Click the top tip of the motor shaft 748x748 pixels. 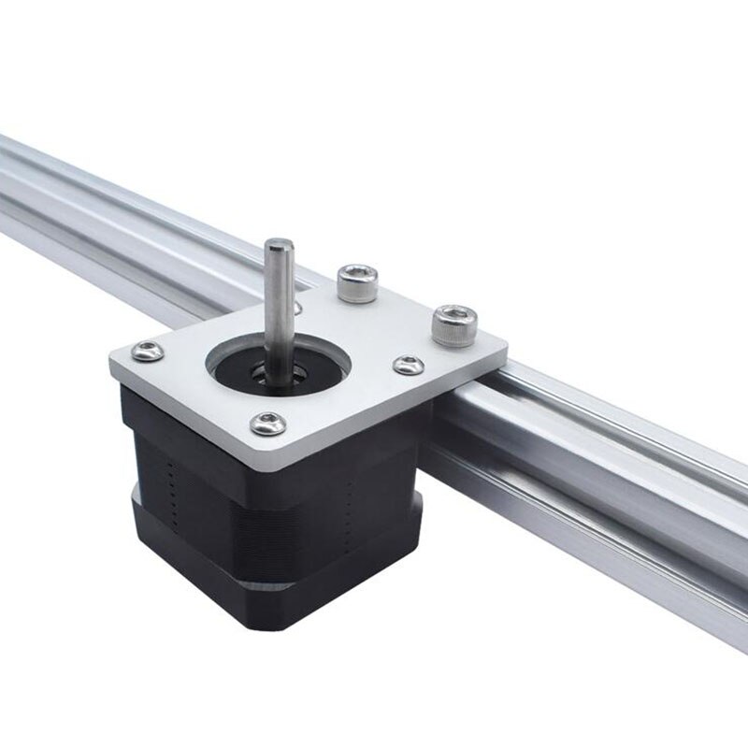click(x=278, y=246)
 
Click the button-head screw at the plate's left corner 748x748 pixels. click(x=148, y=352)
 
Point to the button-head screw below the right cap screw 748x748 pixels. click(x=408, y=365)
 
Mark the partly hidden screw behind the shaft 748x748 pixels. click(x=296, y=306)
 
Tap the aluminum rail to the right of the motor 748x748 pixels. click(x=598, y=486)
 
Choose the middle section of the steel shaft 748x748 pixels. click(x=278, y=309)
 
